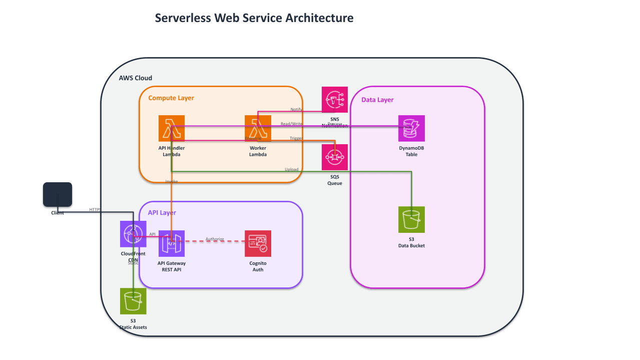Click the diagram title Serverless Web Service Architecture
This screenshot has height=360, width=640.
[254, 18]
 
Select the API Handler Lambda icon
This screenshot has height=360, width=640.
[172, 128]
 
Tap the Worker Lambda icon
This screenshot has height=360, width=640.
[258, 128]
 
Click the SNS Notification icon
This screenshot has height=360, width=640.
[335, 100]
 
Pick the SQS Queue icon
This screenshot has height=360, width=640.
[335, 157]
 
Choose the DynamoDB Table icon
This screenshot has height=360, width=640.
[411, 128]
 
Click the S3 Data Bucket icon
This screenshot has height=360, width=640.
[411, 219]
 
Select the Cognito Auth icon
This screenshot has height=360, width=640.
[258, 243]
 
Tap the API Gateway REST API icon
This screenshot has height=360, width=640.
[172, 243]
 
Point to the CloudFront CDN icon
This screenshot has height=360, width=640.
[133, 234]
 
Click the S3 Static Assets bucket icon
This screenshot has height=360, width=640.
[133, 301]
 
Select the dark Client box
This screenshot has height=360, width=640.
[58, 194]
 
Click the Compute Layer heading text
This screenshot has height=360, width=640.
[171, 98]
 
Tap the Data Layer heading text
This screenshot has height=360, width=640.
[377, 100]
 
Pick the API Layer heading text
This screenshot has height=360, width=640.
[162, 213]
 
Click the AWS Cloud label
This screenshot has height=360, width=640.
[135, 78]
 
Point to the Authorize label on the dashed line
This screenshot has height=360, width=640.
[215, 239]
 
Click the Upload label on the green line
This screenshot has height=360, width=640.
[291, 170]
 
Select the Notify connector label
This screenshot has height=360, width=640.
[296, 109]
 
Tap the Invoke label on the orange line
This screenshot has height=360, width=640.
[172, 181]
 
